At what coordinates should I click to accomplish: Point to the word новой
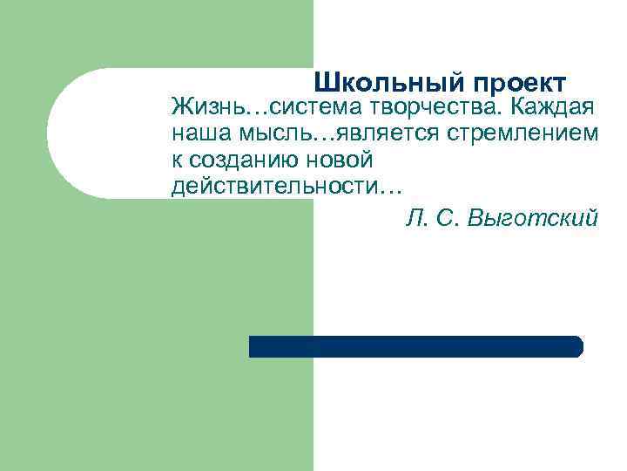click(x=336, y=160)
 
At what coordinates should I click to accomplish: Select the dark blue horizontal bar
click(x=415, y=346)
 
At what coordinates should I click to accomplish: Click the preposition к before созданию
click(x=177, y=160)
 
